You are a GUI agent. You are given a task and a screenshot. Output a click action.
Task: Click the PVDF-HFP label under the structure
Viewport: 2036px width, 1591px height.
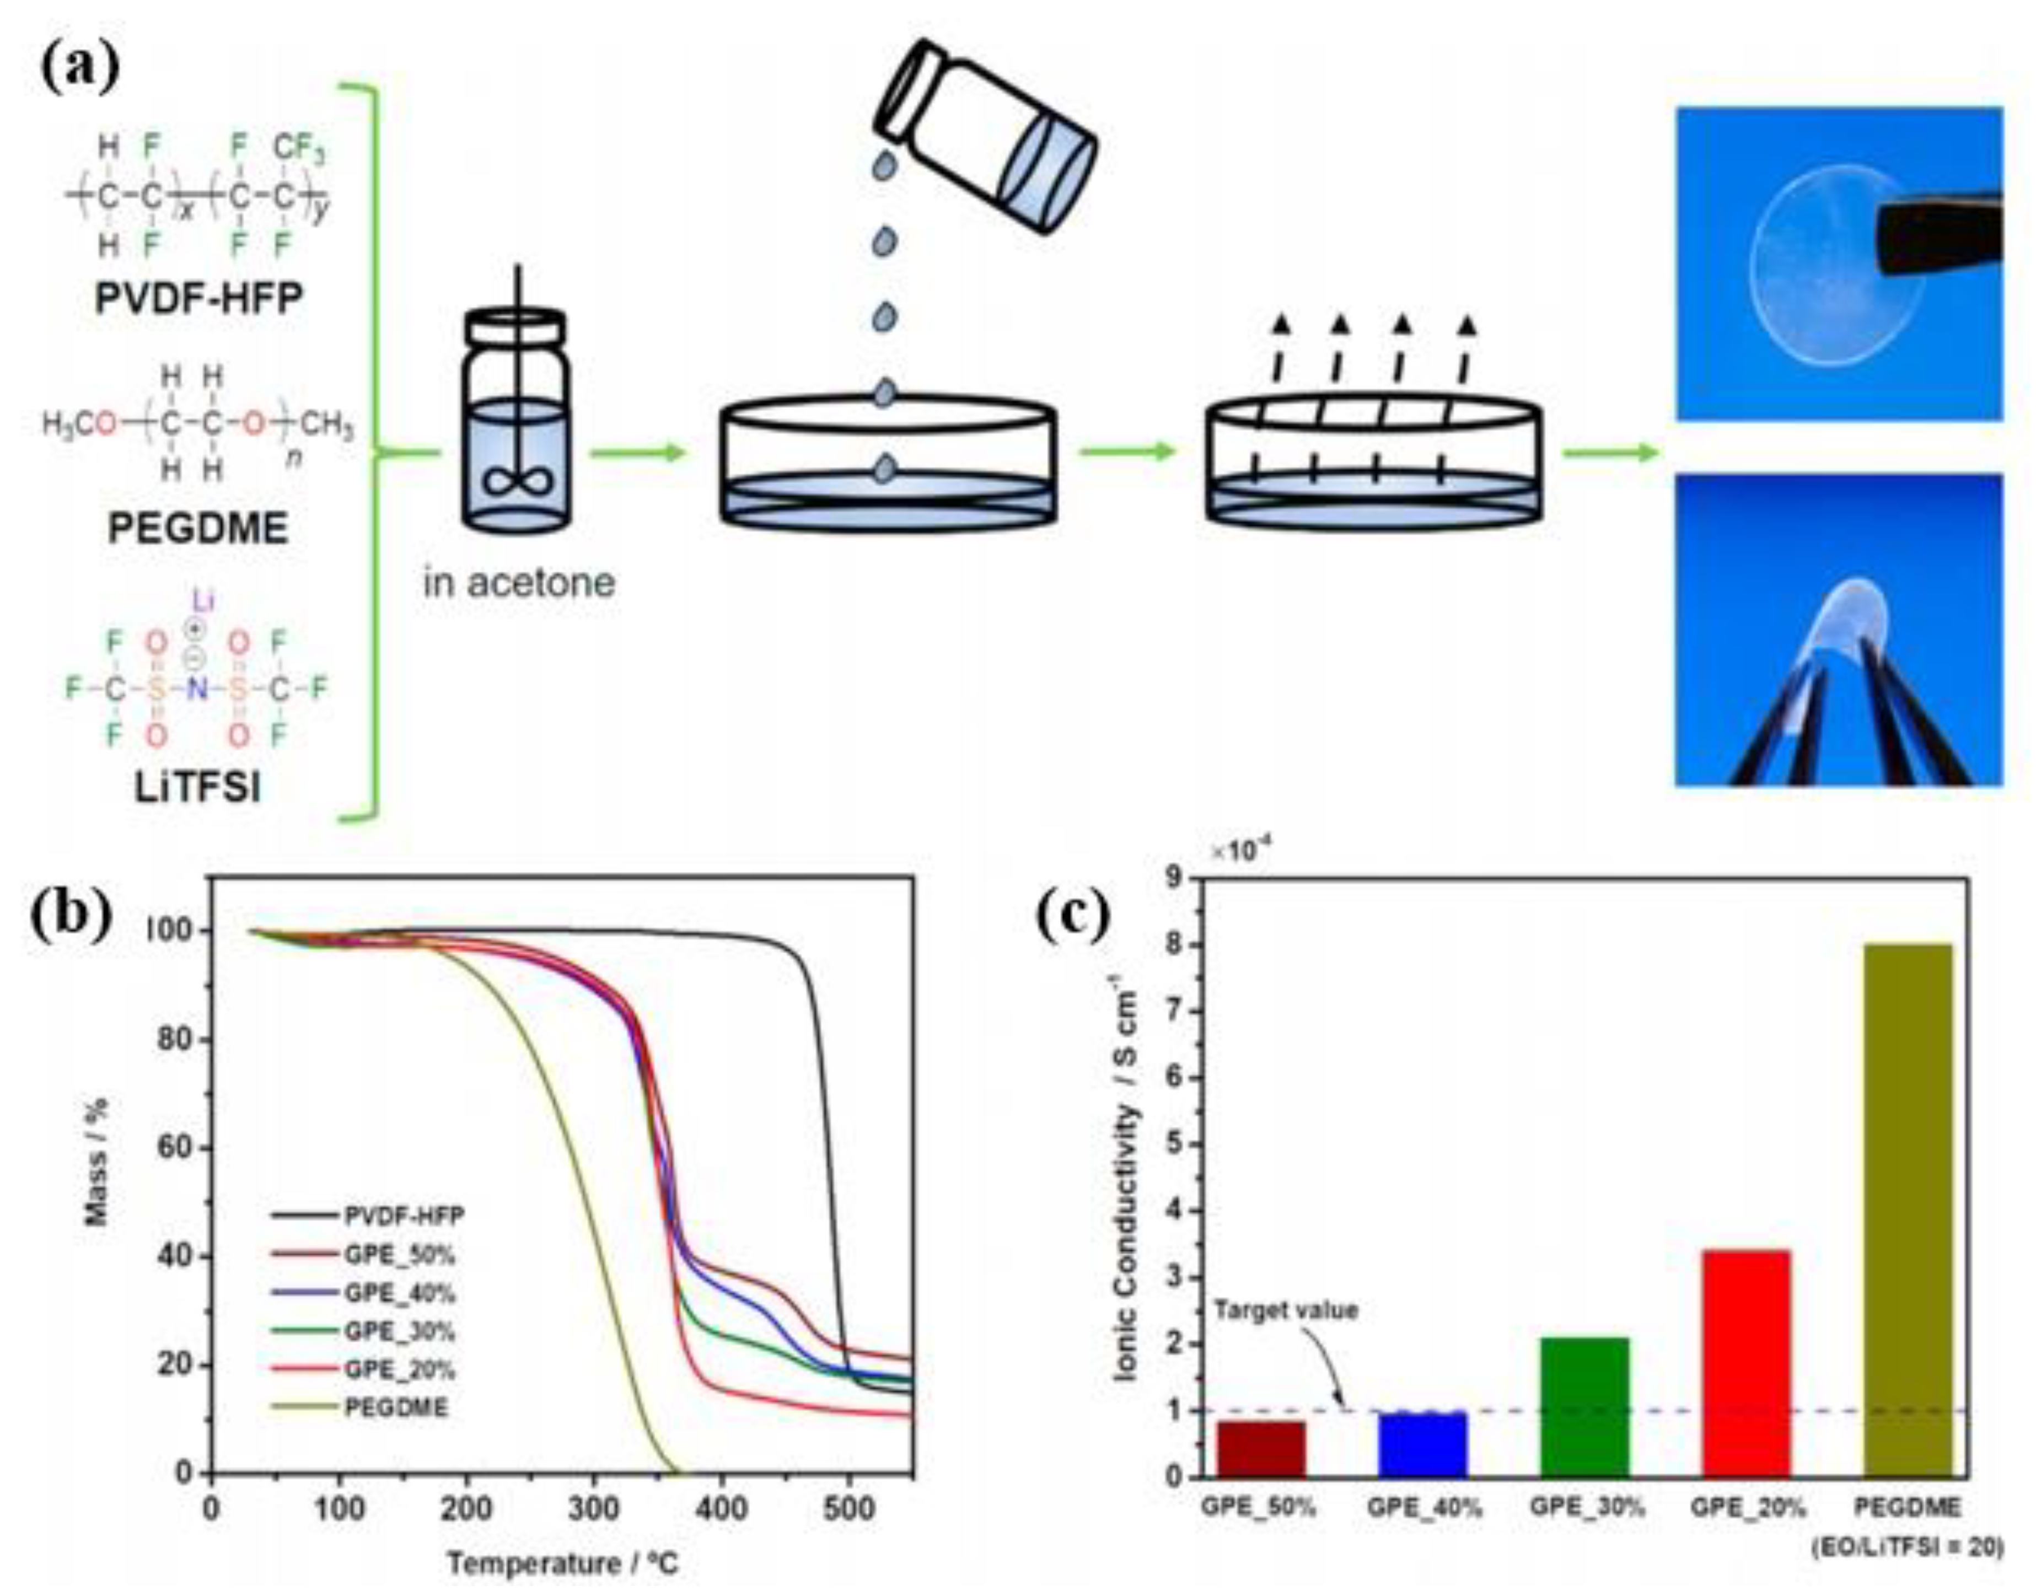click(198, 300)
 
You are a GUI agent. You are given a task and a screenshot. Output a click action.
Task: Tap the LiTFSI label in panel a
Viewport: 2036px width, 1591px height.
click(197, 788)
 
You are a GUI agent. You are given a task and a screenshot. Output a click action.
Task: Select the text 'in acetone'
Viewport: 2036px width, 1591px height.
click(519, 583)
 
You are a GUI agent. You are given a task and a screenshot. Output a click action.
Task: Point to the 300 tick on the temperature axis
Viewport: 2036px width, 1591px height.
click(593, 1510)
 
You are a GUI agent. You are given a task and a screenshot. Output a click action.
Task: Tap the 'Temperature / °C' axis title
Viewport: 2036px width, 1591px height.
click(562, 1563)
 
